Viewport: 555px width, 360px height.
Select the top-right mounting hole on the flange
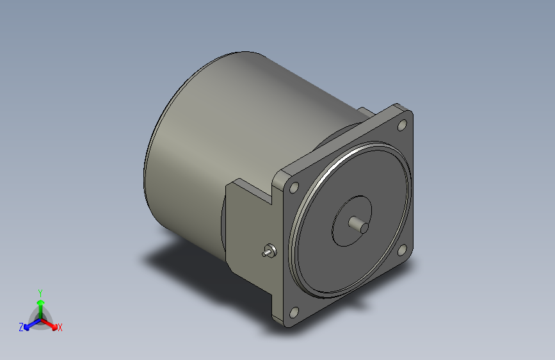pyautogui.click(x=403, y=126)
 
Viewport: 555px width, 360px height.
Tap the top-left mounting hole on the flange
pyautogui.click(x=294, y=188)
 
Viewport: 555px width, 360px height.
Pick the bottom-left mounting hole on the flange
pyautogui.click(x=294, y=313)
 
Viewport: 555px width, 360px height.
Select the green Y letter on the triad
pyautogui.click(x=40, y=291)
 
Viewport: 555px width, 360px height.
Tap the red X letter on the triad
pyautogui.click(x=60, y=327)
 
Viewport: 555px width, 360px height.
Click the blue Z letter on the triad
pyautogui.click(x=21, y=327)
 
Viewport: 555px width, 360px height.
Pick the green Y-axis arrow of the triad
pyautogui.click(x=40, y=304)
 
